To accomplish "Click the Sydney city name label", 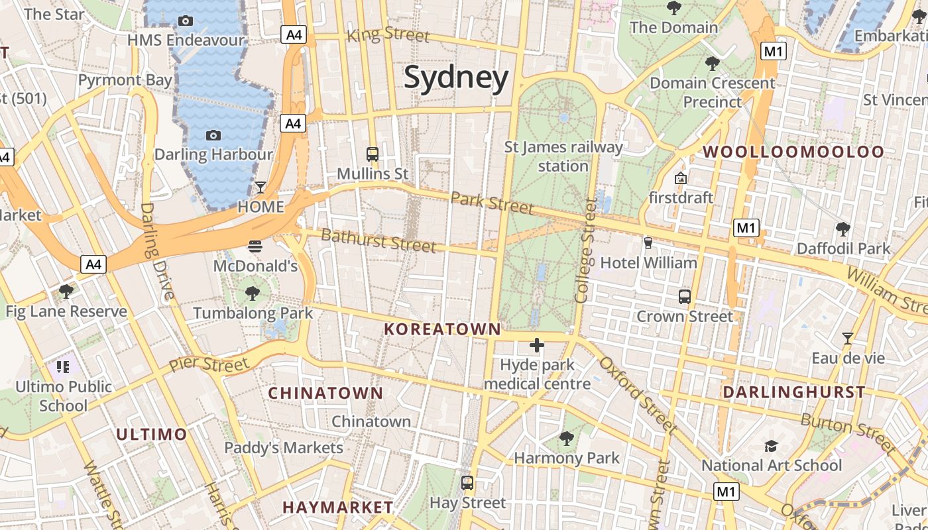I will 456,78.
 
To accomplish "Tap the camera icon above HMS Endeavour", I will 186,21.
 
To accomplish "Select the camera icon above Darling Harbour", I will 213,135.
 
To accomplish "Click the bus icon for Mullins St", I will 373,154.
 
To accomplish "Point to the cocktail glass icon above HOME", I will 261,187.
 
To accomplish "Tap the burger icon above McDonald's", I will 255,246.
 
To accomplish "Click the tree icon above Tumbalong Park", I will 252,293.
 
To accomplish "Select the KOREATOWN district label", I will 442,329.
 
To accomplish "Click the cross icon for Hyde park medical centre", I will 537,345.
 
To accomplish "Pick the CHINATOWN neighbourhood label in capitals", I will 325,393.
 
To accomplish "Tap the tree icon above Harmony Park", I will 567,438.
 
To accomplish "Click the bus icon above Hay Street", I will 467,483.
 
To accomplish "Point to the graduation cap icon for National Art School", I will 771,446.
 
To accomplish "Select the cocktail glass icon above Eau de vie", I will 847,339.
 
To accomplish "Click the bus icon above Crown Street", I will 685,297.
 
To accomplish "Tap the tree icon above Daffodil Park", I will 843,229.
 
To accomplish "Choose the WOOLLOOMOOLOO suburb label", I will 793,152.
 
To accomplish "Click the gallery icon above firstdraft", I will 680,178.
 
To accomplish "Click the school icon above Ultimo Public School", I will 63,366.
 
